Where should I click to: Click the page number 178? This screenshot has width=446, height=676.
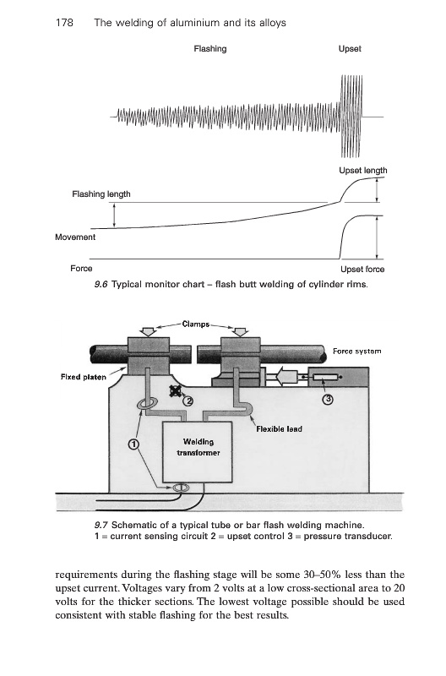pos(64,23)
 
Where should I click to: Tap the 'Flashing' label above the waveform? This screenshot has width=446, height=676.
pos(209,49)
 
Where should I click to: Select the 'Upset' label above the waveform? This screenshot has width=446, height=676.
pos(350,49)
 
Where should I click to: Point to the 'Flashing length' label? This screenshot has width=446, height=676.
pos(101,194)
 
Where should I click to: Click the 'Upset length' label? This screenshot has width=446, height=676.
pos(363,171)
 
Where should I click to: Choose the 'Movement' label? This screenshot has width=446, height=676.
pos(75,237)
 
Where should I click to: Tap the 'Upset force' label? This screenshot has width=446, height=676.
pos(362,269)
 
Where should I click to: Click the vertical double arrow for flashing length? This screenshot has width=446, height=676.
pos(114,215)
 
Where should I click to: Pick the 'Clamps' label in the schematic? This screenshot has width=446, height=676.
pos(196,324)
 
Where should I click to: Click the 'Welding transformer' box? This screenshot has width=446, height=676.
pos(197,452)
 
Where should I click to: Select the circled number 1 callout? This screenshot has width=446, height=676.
pos(134,444)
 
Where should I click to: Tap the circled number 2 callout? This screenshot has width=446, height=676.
pos(188,401)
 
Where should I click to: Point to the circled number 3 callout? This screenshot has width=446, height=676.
pos(328,399)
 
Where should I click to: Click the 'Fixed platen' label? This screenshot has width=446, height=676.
pos(83,377)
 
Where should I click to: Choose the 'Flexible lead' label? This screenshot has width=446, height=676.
pos(279,429)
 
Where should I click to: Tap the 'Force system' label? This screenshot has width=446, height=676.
pos(356,352)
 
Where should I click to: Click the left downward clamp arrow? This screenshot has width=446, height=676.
pos(149,331)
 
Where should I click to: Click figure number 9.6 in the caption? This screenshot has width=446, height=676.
pos(101,285)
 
